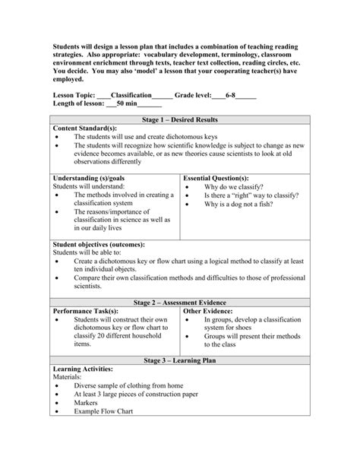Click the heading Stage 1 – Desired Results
(180, 120)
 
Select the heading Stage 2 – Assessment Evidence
(180, 302)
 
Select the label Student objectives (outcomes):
(98, 243)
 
